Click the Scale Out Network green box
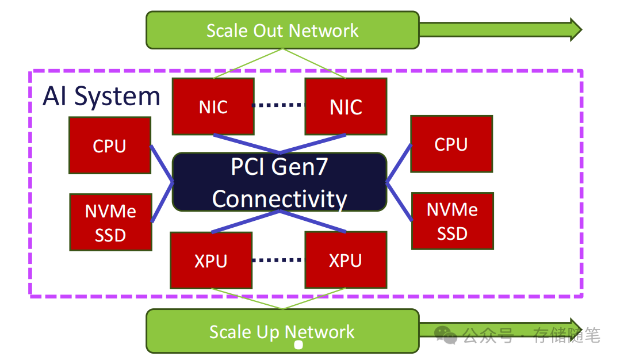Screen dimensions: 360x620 coord(282,30)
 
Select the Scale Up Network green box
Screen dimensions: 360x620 coord(282,331)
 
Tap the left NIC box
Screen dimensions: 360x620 coord(213,106)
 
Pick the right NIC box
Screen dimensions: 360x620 coord(346,106)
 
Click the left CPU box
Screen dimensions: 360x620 coord(109,145)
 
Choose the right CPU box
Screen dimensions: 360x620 coord(451,144)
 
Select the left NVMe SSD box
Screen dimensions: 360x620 coord(110,222)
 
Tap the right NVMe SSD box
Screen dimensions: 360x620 coord(452,221)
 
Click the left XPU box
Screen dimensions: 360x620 coord(211,260)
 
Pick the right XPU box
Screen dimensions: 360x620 coord(346,260)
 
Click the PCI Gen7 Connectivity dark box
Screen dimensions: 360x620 coord(280,182)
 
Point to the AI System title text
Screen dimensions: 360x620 coord(101,96)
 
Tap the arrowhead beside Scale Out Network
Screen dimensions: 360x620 coord(575,29)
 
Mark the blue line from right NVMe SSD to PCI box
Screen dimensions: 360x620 coord(399,201)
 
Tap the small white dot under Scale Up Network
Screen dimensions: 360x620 coord(298,345)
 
